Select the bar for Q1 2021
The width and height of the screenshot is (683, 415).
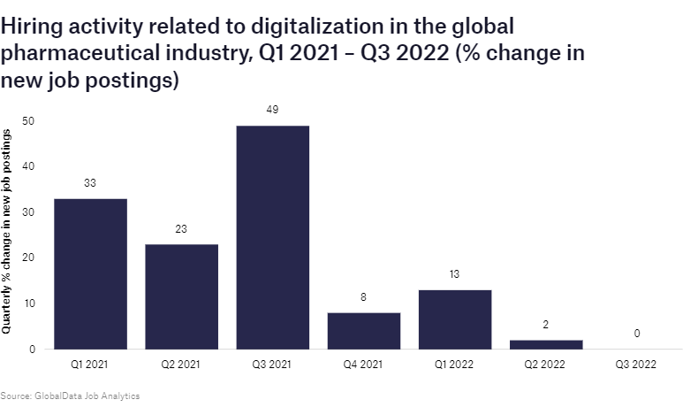coord(90,274)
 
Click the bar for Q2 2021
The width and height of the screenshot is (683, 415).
coord(181,296)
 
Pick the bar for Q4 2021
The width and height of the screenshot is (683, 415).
coord(363,331)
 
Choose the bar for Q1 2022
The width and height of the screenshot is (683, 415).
coord(454,319)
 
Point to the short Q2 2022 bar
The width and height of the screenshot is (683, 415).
coord(545,344)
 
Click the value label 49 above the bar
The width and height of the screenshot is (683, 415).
coord(272,110)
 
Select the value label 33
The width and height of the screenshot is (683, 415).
coord(90,183)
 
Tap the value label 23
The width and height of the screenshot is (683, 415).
coord(181,228)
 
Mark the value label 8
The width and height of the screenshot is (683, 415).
coord(363,297)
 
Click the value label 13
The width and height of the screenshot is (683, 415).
coord(454,274)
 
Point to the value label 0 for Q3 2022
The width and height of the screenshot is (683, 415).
coord(636,334)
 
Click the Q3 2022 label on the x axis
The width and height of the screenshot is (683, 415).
coord(636,365)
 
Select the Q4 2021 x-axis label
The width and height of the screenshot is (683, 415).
coord(363,365)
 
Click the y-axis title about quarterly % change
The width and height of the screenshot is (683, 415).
coord(8,230)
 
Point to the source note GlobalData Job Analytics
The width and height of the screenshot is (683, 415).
coord(71,396)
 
